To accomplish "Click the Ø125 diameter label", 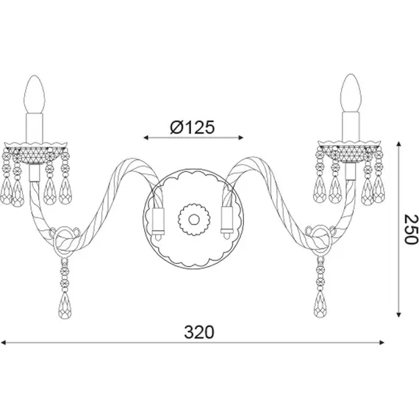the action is [x=192, y=127].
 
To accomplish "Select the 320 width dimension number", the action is [x=199, y=332].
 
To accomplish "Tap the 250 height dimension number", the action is [x=410, y=229].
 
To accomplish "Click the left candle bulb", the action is [x=35, y=94].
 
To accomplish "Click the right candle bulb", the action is [x=351, y=93].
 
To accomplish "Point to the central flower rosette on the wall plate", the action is [x=194, y=219].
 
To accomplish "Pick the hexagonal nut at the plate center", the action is [x=194, y=219].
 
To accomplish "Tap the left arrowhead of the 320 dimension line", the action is [x=3, y=343].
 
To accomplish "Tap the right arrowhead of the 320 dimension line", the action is [x=382, y=343].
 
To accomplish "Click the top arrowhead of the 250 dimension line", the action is [x=398, y=144].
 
